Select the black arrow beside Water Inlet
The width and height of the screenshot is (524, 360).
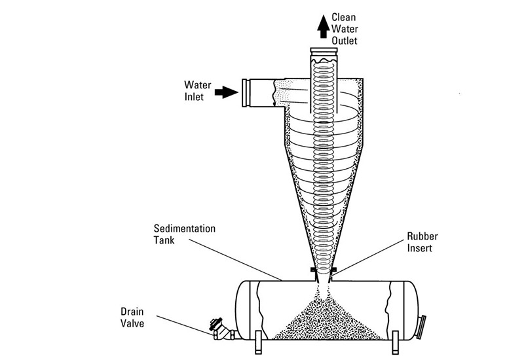[227, 92]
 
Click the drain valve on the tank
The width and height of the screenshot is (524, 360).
[222, 329]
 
